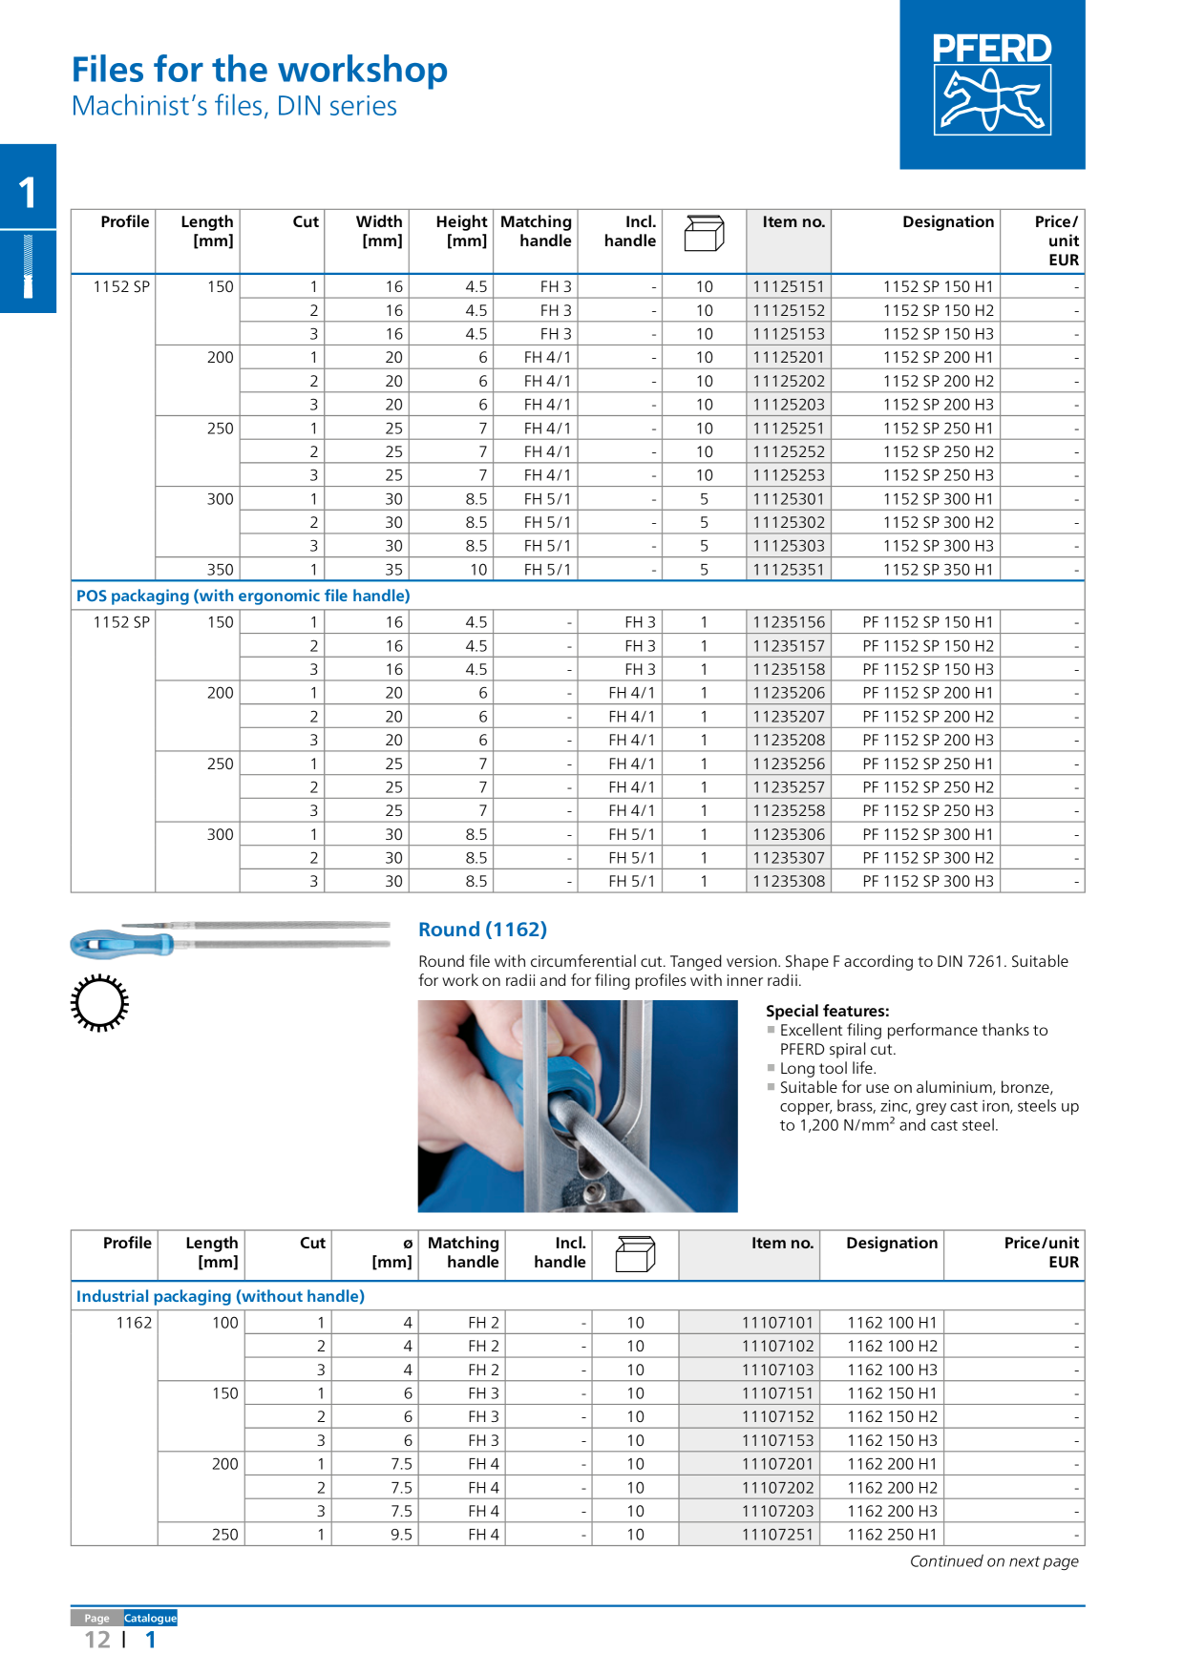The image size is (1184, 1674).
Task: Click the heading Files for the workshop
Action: [x=260, y=70]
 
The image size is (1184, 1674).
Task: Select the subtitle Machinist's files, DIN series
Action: [x=235, y=106]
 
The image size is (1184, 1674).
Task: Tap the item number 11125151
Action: [x=788, y=286]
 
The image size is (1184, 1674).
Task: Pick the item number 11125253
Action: [x=788, y=475]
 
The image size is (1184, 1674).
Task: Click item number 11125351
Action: [x=788, y=570]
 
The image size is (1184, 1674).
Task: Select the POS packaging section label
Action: [x=243, y=596]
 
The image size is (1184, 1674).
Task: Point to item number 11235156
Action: [x=788, y=622]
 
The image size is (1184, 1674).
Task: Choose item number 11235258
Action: [x=788, y=810]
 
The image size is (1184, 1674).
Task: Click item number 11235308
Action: [x=788, y=881]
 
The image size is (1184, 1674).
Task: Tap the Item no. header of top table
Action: [x=793, y=222]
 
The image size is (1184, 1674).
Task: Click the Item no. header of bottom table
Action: [x=781, y=1243]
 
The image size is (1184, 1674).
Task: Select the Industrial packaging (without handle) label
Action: [x=221, y=1296]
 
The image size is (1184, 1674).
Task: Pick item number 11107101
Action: [x=777, y=1323]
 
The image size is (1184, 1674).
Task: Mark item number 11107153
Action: [x=777, y=1440]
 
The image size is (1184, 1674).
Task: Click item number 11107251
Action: [x=777, y=1535]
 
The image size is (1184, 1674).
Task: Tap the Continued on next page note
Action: [x=993, y=1561]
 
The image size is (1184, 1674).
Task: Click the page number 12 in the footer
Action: [x=97, y=1640]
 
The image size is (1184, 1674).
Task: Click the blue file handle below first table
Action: [x=119, y=945]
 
